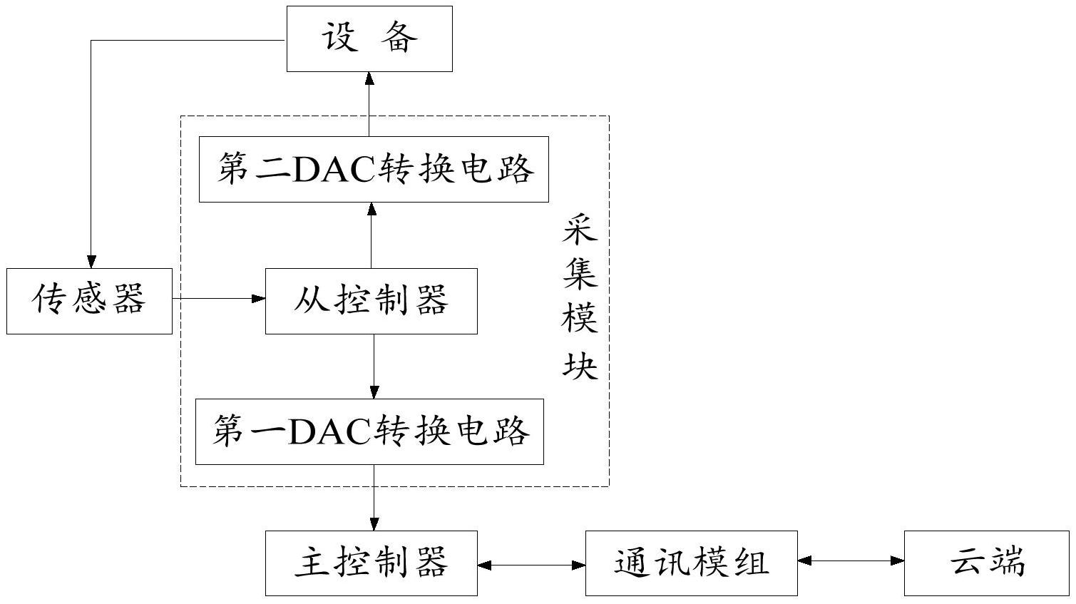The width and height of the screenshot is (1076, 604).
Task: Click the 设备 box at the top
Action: [x=369, y=39]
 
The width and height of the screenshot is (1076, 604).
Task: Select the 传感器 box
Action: [x=89, y=301]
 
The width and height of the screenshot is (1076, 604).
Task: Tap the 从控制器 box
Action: [x=371, y=301]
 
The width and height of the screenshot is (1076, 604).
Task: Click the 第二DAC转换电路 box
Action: [x=374, y=170]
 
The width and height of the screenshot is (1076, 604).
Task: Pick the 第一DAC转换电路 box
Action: [x=369, y=432]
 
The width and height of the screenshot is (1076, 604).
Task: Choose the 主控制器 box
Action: [x=371, y=563]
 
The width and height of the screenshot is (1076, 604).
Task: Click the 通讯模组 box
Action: [x=691, y=563]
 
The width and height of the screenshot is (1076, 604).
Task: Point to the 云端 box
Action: [x=987, y=563]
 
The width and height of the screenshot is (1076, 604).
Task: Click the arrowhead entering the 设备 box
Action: [x=369, y=78]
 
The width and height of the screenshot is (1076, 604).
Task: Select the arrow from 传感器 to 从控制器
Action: [x=218, y=299]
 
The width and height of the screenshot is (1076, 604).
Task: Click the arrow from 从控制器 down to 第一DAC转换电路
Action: [x=374, y=367]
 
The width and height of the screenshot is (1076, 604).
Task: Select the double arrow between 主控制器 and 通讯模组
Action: [x=531, y=565]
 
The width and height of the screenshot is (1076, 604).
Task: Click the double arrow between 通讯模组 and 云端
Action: [x=851, y=561]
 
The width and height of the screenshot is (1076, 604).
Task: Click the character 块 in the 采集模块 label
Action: [x=579, y=367]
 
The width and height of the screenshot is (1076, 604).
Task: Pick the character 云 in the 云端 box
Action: [x=968, y=563]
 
